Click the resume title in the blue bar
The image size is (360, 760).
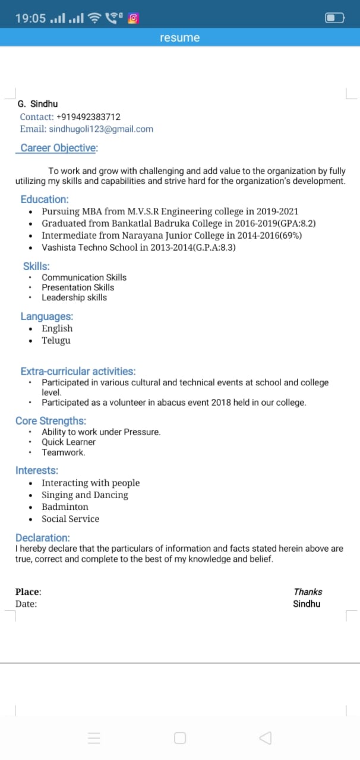click(179, 38)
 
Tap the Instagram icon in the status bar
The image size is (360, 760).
click(134, 18)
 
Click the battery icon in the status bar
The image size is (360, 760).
click(334, 18)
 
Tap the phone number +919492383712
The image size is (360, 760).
click(89, 117)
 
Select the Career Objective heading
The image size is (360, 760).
click(59, 148)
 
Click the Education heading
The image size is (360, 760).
click(45, 199)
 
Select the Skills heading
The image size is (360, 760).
click(36, 267)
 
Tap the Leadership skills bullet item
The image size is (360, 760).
click(74, 297)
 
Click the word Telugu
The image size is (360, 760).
click(56, 340)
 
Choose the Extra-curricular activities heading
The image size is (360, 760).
click(78, 371)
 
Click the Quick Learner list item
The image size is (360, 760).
click(68, 442)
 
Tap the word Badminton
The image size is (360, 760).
click(65, 506)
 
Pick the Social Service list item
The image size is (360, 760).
click(70, 518)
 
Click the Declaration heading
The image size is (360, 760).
click(42, 538)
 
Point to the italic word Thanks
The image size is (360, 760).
click(308, 591)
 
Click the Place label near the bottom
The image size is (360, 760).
click(28, 591)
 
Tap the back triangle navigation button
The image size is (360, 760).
click(266, 738)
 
